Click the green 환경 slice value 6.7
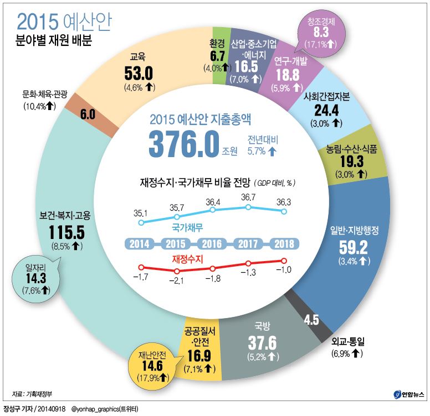click(x=216, y=56)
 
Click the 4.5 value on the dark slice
click(x=312, y=319)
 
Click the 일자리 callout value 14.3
click(x=39, y=278)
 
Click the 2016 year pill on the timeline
click(x=213, y=243)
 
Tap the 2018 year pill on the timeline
click(x=284, y=243)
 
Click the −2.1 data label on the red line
click(x=176, y=280)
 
